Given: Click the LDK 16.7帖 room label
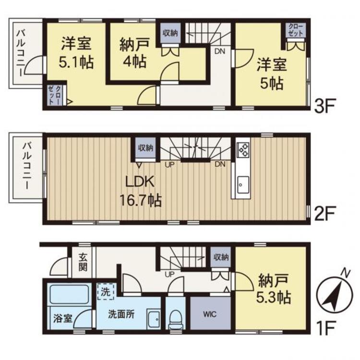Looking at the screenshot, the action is tap(141, 191).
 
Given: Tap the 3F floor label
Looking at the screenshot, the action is tap(324, 106).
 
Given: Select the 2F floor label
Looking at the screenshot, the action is tap(324, 213).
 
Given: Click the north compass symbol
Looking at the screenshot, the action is tap(334, 294).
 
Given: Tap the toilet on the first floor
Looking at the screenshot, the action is tap(175, 319).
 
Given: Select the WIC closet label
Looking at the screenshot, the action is tap(210, 314).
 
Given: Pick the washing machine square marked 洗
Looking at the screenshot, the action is tap(106, 291).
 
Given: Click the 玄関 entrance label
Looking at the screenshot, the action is tap(83, 262).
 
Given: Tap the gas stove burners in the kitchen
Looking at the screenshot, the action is tap(243, 149).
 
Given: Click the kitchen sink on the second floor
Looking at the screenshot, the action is tap(243, 185).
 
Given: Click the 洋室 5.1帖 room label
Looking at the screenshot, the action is tap(76, 53).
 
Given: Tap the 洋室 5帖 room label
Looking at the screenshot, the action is tap(272, 74).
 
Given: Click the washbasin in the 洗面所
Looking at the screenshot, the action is tap(154, 319).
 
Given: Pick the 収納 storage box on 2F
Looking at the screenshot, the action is tap(145, 148).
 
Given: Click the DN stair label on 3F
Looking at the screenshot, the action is tap(220, 51).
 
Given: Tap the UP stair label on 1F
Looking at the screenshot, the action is tap(169, 274).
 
